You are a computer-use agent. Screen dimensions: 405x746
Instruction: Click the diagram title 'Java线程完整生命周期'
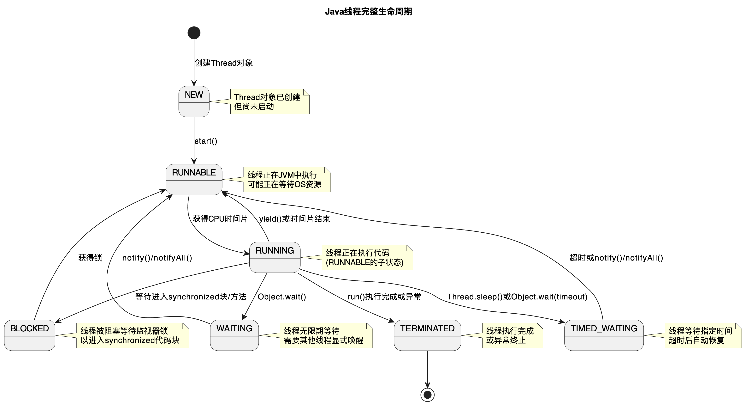point(368,12)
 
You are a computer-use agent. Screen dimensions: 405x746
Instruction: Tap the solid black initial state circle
point(194,33)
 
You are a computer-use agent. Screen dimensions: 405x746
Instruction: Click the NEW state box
point(194,101)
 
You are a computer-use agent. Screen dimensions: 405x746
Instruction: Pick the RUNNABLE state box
point(194,180)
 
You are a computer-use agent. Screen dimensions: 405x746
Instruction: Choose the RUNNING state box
point(275,257)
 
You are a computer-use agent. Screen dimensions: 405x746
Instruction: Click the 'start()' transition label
point(206,141)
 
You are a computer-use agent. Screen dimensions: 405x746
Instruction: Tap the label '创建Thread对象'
point(224,63)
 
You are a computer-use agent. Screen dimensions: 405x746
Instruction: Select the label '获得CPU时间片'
point(220,219)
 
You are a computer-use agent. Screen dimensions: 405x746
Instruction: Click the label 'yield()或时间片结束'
point(294,219)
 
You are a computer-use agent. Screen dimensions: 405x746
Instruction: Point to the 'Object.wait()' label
point(282,297)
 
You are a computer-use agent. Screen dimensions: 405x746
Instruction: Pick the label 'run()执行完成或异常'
point(384,297)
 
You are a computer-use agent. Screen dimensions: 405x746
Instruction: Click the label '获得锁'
point(90,258)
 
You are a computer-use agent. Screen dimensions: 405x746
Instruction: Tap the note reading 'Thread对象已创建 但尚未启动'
point(270,102)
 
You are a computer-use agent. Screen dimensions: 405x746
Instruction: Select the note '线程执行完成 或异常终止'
point(512,335)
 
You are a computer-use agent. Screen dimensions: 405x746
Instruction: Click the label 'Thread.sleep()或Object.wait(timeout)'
point(517,297)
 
